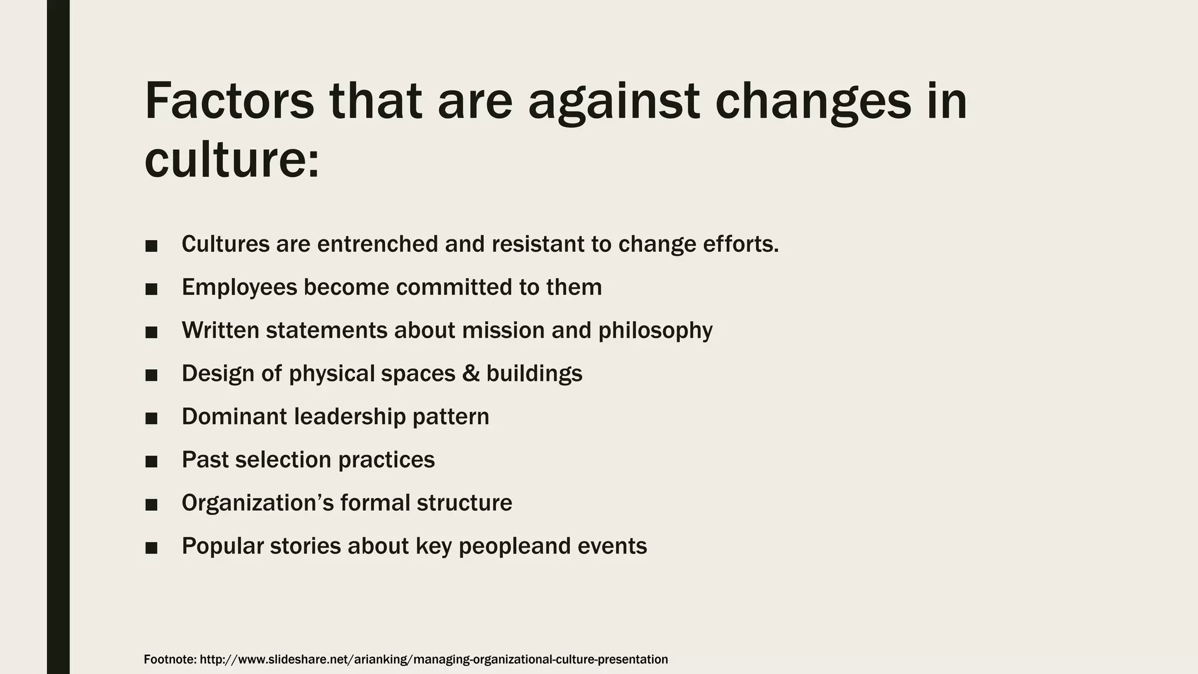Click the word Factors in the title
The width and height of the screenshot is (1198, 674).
coord(229,101)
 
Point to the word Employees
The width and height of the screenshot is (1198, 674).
coord(239,288)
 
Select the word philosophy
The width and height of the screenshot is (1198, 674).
coord(655,331)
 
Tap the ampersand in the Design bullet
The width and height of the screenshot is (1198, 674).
coord(470,373)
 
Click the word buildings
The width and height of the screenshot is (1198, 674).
coord(534,374)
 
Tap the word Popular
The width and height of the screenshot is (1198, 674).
coord(222,546)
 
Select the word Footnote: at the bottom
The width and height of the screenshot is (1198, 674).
coord(170,659)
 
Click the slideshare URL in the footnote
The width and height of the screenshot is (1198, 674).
coord(433,659)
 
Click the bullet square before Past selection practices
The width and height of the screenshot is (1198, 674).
coord(152,462)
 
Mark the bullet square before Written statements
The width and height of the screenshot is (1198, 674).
coord(152,332)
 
